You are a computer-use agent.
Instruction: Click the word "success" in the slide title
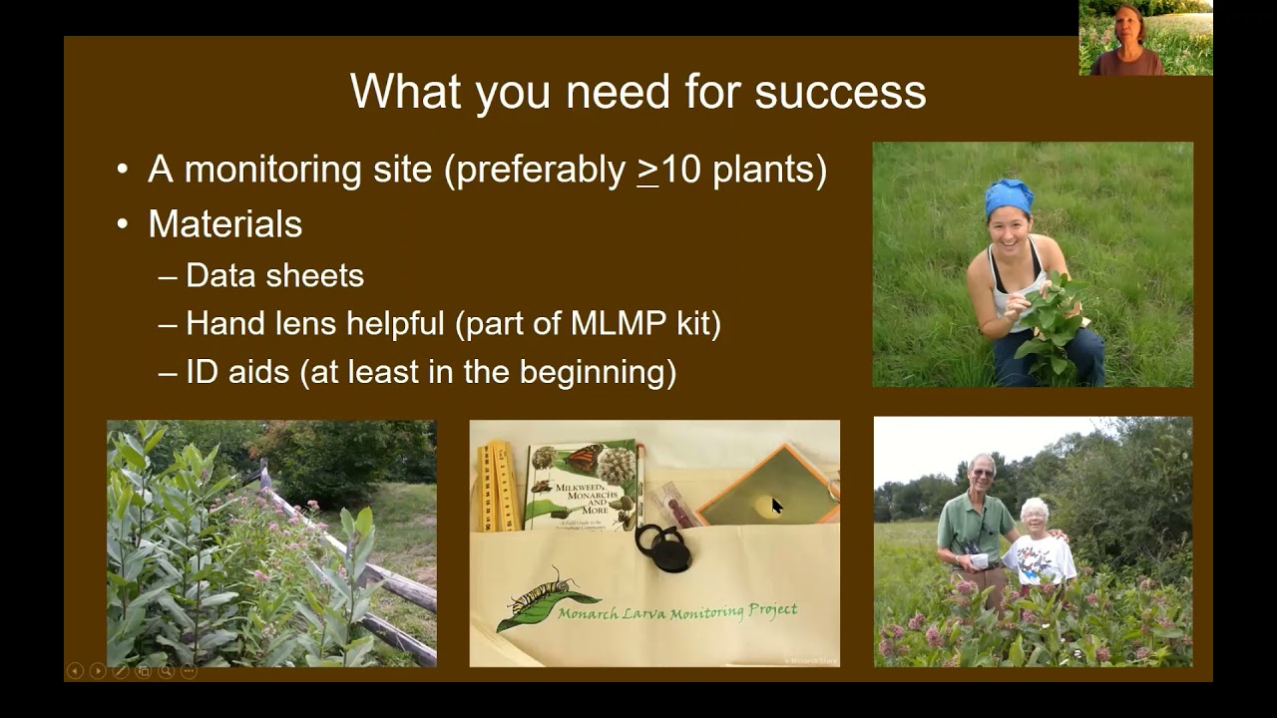(x=840, y=92)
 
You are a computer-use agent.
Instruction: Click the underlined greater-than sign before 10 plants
(x=648, y=170)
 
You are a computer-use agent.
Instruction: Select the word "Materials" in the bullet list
(x=225, y=224)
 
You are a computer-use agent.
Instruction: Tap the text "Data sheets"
(x=274, y=276)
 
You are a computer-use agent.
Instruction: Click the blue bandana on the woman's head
(x=1009, y=195)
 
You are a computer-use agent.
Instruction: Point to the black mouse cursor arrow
(x=776, y=505)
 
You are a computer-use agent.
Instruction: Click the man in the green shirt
(x=976, y=524)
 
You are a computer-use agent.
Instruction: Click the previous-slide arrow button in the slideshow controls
(x=75, y=671)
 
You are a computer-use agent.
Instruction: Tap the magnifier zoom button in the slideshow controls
(x=166, y=671)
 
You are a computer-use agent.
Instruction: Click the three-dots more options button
(x=189, y=671)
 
